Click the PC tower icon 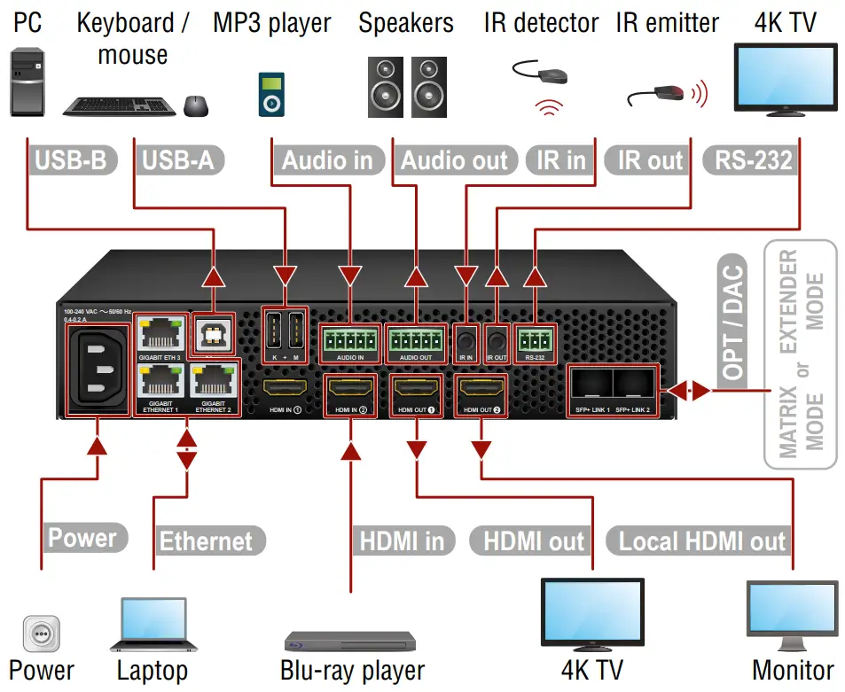(x=27, y=83)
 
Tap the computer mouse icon (x=196, y=105)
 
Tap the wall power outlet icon (x=40, y=635)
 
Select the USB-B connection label (x=70, y=160)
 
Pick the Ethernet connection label (x=206, y=540)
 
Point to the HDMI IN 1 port (x=283, y=387)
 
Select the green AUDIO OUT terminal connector (x=415, y=339)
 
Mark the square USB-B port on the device (x=213, y=330)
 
